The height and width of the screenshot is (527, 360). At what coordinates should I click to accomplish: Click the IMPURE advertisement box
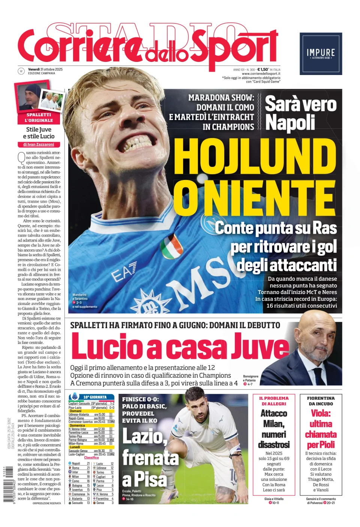tap(321, 54)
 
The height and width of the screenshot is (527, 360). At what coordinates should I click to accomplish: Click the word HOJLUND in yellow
tap(255, 157)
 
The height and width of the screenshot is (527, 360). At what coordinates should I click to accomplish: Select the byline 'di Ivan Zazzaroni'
tap(39, 144)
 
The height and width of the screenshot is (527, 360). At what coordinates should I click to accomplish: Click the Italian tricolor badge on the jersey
tap(171, 246)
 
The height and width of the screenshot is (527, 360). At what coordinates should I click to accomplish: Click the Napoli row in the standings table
tap(79, 464)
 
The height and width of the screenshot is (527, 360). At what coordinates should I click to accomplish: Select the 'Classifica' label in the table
tap(91, 458)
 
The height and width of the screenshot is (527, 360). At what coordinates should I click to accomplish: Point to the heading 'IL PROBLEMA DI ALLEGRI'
tap(274, 401)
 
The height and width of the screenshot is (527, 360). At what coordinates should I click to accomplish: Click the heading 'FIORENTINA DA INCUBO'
tap(321, 401)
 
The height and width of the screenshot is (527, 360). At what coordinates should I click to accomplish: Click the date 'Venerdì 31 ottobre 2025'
tap(45, 69)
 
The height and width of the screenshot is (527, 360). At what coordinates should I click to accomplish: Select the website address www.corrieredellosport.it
tap(261, 74)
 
